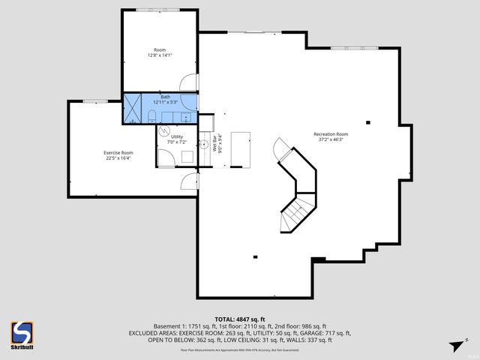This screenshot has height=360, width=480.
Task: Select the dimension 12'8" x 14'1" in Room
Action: (159, 55)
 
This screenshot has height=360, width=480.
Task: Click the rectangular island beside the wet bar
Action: (240, 147)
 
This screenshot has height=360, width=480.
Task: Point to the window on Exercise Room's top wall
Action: (95, 101)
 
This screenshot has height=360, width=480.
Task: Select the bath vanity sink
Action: (185, 116)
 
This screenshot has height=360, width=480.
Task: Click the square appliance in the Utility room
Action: (186, 157)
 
